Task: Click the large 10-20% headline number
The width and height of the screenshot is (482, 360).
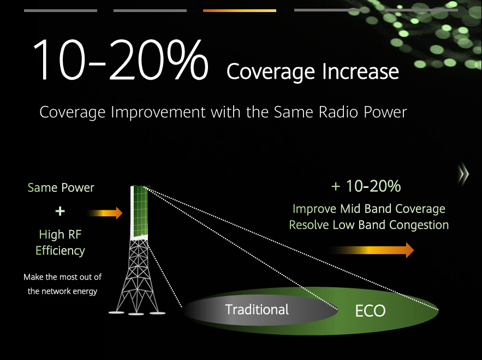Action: [x=121, y=60]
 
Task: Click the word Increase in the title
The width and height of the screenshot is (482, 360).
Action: [x=360, y=72]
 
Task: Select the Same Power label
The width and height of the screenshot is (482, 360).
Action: [x=61, y=187]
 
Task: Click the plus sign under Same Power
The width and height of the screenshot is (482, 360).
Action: [x=60, y=211]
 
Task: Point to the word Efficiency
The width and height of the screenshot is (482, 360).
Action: [x=60, y=251]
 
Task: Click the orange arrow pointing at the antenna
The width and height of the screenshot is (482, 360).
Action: [x=105, y=213]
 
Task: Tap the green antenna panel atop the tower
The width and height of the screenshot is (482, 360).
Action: [x=139, y=212]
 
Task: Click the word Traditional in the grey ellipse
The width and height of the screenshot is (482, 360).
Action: [x=257, y=309]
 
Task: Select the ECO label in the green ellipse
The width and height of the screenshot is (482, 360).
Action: [x=370, y=311]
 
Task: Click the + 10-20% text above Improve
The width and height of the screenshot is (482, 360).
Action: [x=366, y=186]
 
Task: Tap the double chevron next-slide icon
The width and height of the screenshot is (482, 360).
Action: [x=463, y=174]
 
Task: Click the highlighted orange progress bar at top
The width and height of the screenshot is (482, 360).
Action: [x=240, y=11]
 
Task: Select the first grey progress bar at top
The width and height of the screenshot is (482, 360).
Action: [x=61, y=11]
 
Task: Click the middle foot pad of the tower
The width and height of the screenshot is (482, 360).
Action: [x=136, y=314]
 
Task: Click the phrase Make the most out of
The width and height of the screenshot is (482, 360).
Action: [x=62, y=277]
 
